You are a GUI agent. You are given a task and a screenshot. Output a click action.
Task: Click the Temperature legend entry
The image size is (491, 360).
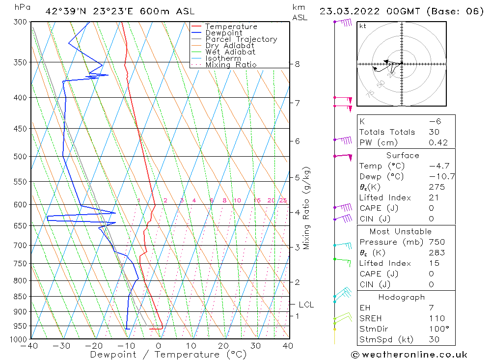pos(231,27)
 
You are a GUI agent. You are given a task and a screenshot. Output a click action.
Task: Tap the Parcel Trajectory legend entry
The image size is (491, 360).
pos(241,39)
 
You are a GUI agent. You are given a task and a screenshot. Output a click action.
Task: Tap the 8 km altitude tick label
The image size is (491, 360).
pos(297,64)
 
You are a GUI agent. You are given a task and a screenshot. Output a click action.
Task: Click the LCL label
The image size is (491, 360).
pos(306,305)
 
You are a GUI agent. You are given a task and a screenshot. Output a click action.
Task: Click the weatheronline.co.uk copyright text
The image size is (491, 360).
pos(409,354)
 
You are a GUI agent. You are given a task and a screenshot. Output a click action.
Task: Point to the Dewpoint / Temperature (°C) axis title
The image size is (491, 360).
pos(161,354)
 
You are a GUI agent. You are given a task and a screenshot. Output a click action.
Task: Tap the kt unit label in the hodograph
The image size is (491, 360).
pos(362,26)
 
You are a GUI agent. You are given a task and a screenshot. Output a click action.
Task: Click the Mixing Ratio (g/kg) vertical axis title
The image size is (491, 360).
pos(306,208)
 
